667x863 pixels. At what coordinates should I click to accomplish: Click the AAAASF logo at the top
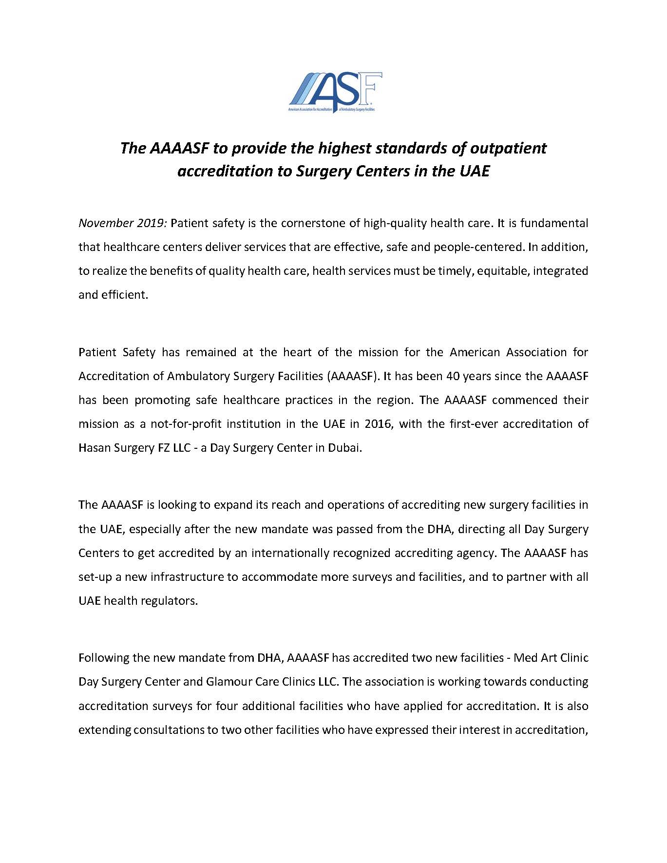point(335,92)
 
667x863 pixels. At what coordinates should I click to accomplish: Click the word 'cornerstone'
point(312,223)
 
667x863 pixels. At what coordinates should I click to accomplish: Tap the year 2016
point(377,424)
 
